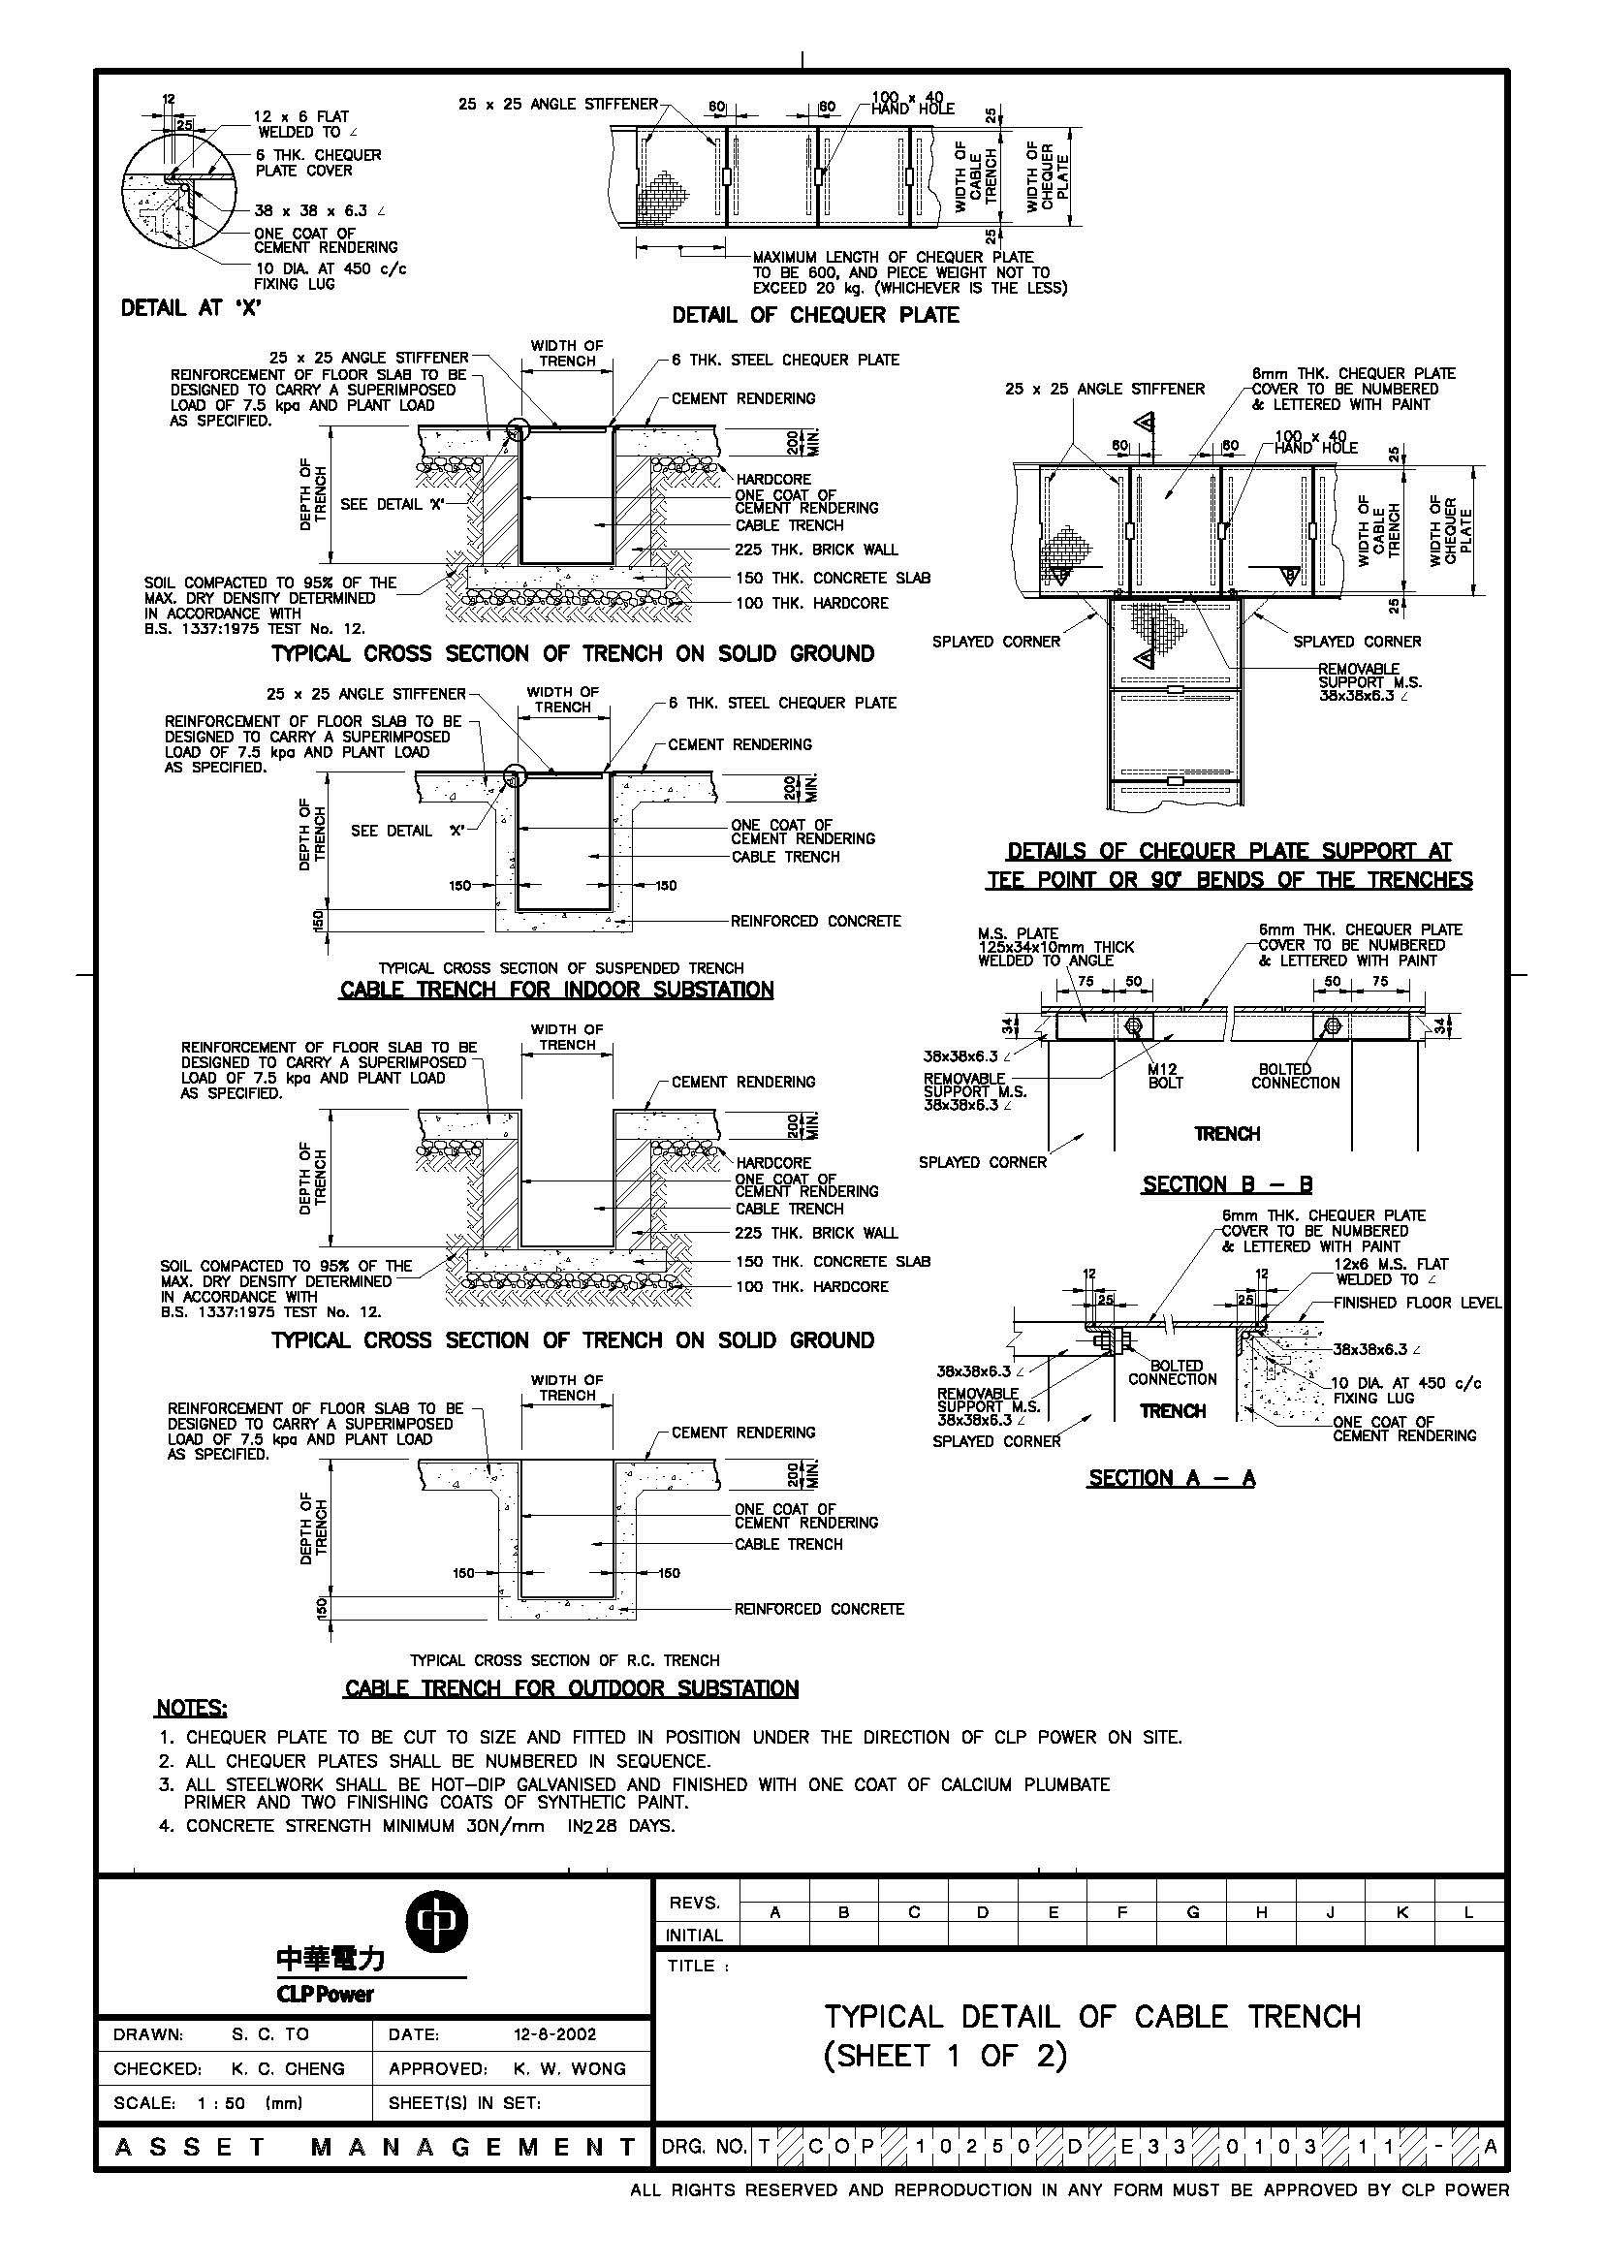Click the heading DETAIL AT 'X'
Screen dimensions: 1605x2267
[190, 308]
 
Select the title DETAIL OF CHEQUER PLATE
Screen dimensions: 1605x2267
[815, 315]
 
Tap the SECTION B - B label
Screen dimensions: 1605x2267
[1227, 1185]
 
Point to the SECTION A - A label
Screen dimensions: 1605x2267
[1171, 1478]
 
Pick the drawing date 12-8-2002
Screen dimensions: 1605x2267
[555, 2035]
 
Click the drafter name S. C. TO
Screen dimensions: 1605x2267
[269, 2035]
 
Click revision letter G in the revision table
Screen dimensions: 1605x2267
[1193, 1912]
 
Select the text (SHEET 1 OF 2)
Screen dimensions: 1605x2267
[946, 2057]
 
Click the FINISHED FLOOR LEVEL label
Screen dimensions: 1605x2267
[1417, 1303]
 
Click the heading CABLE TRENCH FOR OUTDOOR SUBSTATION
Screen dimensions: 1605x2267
[571, 1689]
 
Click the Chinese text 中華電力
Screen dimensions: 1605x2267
[331, 1960]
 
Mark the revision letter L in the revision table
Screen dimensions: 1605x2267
[1469, 1912]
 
